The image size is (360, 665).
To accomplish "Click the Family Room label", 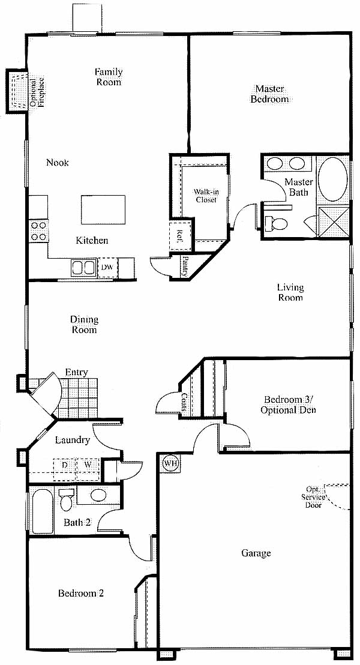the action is click(x=109, y=77).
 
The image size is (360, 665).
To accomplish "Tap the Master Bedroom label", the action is click(x=269, y=94).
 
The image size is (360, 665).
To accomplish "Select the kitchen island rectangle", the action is click(x=103, y=209).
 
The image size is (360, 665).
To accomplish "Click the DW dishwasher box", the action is click(x=107, y=267).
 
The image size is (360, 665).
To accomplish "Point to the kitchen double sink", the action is click(x=83, y=268).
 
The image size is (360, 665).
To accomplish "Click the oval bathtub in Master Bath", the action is click(x=333, y=179).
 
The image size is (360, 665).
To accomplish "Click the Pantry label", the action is click(x=185, y=266).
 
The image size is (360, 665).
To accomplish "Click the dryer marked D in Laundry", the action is click(x=64, y=465).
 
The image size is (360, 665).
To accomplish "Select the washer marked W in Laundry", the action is click(x=88, y=465).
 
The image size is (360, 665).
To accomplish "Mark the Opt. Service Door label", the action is click(x=314, y=496).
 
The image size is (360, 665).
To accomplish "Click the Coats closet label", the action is click(x=184, y=401).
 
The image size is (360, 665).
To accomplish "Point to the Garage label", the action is click(x=256, y=553).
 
